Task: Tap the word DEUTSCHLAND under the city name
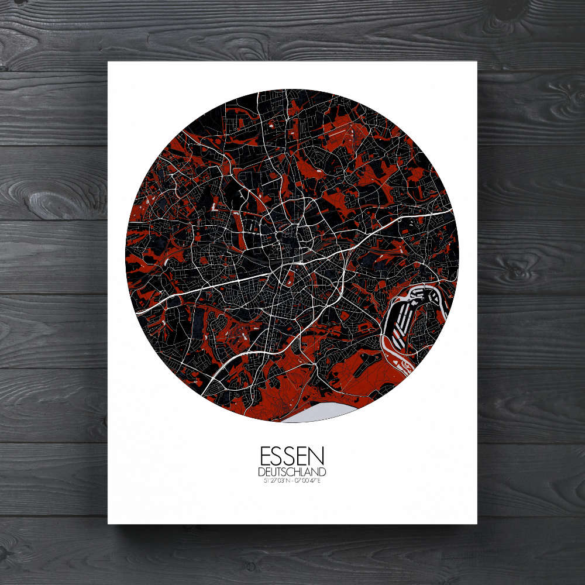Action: (292, 472)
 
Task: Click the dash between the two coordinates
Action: (292, 481)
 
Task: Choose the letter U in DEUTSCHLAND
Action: (271, 472)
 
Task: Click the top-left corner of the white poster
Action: (109, 62)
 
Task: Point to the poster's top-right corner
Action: (477, 62)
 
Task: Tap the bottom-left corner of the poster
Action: (109, 523)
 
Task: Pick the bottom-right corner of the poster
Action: (477, 523)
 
